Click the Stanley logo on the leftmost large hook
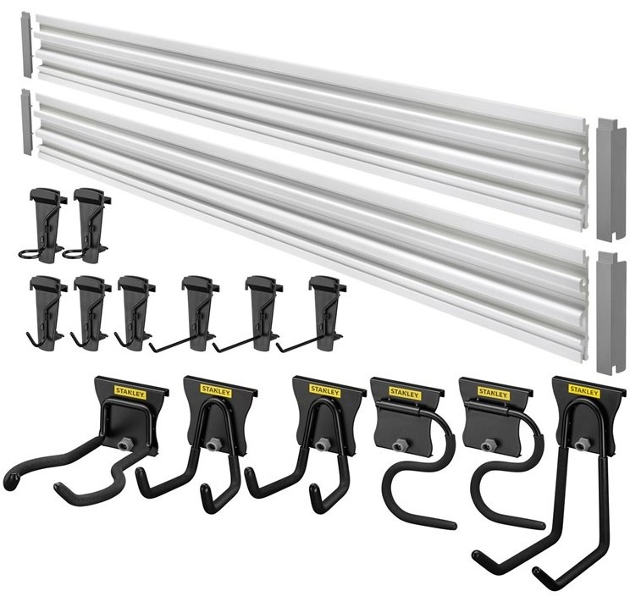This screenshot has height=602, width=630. tap(130, 391)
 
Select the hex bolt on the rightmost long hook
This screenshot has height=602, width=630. tap(580, 444)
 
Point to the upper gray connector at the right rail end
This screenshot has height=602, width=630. tap(611, 179)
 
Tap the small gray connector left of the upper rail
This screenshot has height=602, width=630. tap(25, 44)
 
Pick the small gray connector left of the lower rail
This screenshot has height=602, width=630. tap(26, 121)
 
